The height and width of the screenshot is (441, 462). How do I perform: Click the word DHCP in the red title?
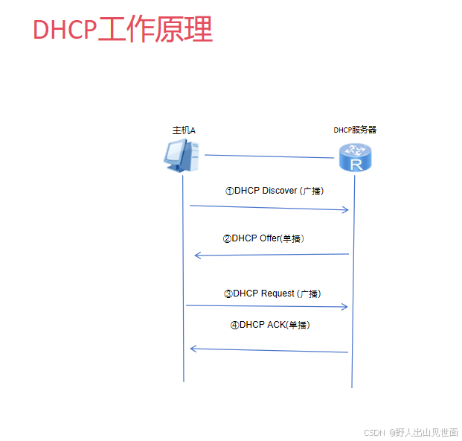click(x=65, y=30)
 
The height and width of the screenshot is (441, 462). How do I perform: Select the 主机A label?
click(x=184, y=130)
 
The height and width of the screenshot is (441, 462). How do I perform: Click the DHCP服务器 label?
click(x=355, y=130)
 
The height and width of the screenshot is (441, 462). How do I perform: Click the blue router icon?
click(x=353, y=157)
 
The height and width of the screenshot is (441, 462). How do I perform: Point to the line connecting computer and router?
click(x=268, y=156)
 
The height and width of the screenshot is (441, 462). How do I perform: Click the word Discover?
click(x=280, y=191)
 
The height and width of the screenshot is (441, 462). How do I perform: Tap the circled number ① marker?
click(x=230, y=191)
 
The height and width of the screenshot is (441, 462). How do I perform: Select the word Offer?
click(x=269, y=238)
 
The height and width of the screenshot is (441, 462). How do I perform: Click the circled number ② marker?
click(x=227, y=239)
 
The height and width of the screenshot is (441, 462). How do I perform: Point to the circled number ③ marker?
click(x=228, y=294)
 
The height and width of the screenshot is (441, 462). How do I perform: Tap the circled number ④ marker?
click(x=234, y=325)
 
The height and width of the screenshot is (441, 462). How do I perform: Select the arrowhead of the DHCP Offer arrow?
click(x=197, y=256)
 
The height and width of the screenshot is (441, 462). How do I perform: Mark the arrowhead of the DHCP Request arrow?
click(x=345, y=307)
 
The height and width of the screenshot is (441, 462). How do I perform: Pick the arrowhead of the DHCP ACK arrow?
click(x=193, y=348)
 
